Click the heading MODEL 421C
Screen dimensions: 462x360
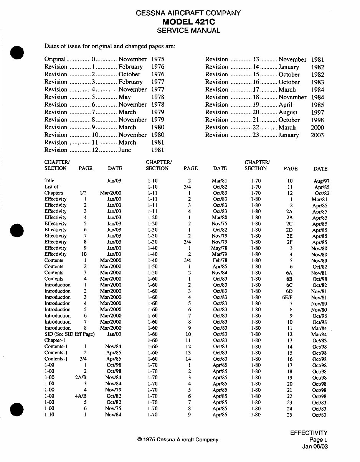(x=188, y=21)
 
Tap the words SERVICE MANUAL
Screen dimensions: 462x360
(x=188, y=31)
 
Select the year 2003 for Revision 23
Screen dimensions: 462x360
(x=317, y=135)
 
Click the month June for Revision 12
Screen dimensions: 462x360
(x=125, y=150)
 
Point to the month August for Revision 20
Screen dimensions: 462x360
(x=288, y=112)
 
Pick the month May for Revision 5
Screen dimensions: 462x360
(x=125, y=97)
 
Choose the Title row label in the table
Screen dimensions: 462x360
(x=50, y=180)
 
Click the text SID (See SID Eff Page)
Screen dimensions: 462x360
(x=69, y=334)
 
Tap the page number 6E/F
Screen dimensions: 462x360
(x=289, y=297)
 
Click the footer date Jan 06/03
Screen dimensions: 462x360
(x=315, y=446)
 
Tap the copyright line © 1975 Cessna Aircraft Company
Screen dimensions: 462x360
(x=178, y=440)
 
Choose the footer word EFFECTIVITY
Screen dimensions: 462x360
(x=309, y=433)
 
